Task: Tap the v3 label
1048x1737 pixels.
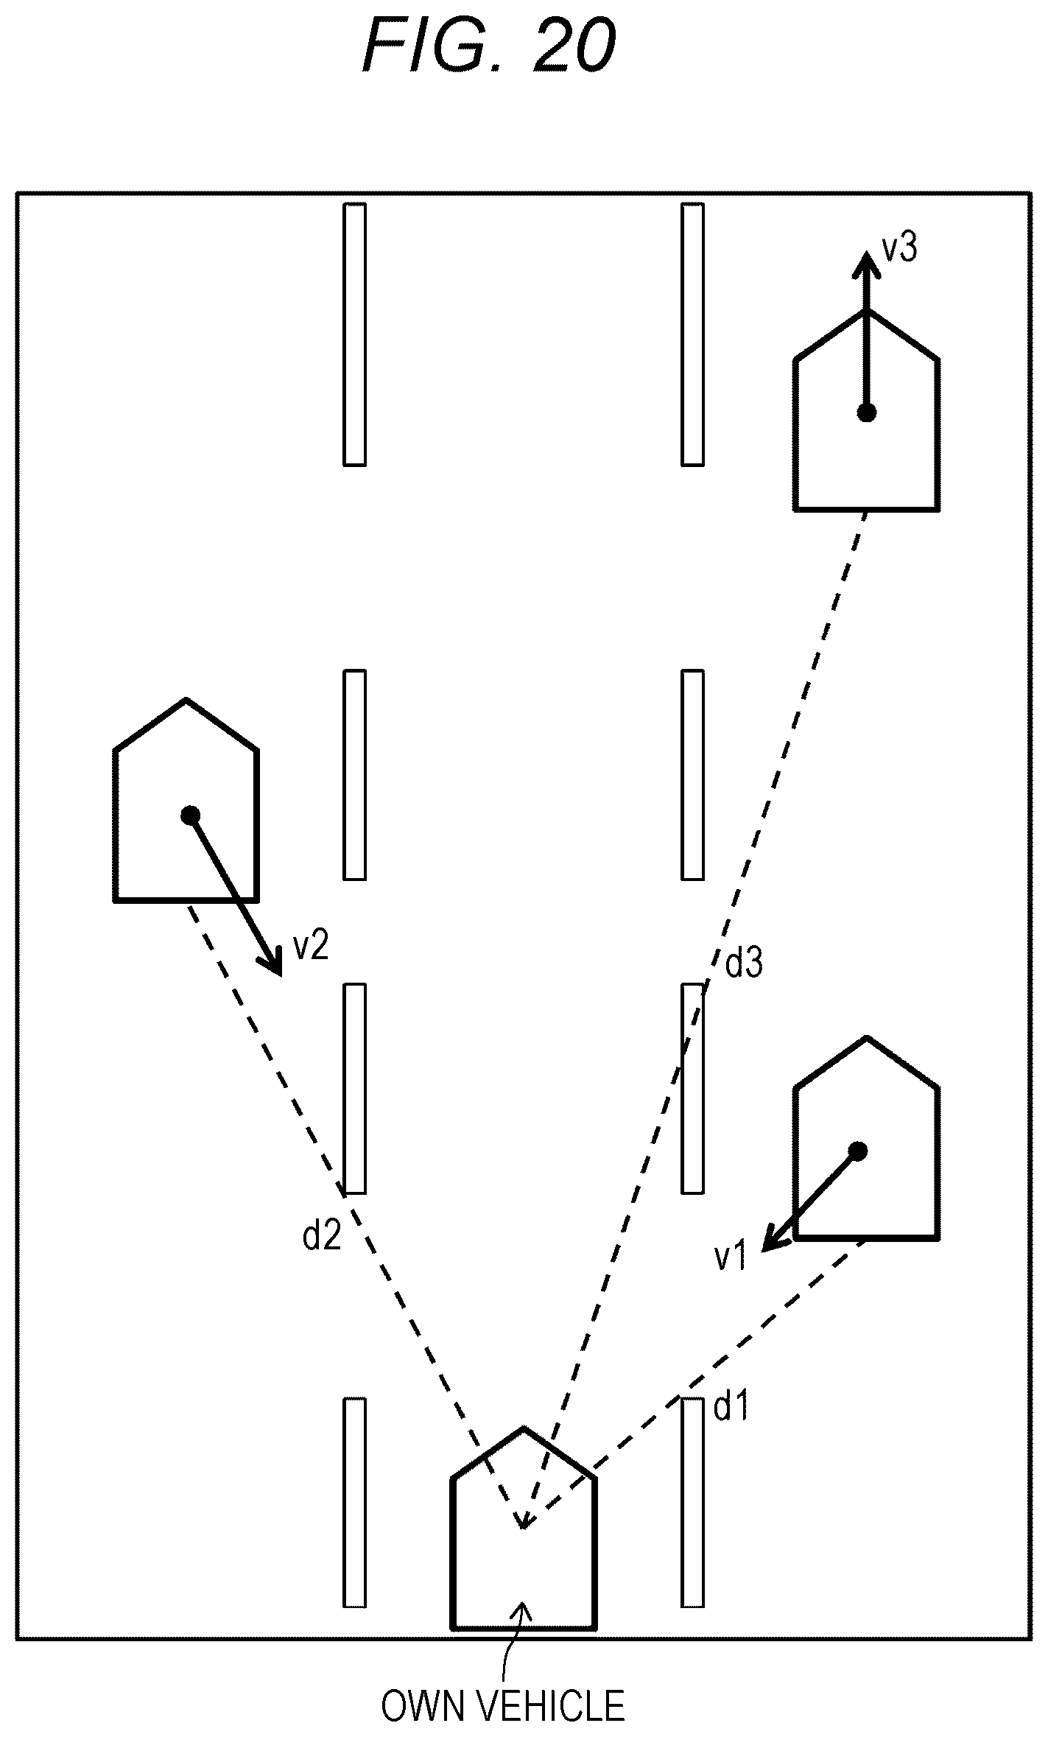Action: pyautogui.click(x=899, y=248)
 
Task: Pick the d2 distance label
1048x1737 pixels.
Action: pyautogui.click(x=323, y=1235)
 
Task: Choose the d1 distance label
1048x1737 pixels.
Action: pyautogui.click(x=732, y=1408)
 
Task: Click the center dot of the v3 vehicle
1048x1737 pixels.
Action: pyautogui.click(x=867, y=413)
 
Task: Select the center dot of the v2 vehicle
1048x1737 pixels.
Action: pyautogui.click(x=191, y=815)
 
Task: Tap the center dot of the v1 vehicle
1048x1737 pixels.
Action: pyautogui.click(x=858, y=1151)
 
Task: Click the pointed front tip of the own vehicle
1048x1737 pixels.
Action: pyautogui.click(x=524, y=1428)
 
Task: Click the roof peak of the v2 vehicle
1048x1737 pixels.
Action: pyautogui.click(x=186, y=700)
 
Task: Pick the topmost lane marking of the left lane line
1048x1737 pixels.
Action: pyautogui.click(x=355, y=334)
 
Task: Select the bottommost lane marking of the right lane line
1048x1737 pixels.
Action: pyautogui.click(x=692, y=1502)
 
